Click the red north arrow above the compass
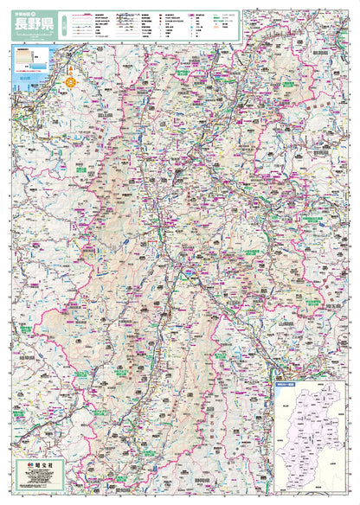[x=72, y=71]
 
